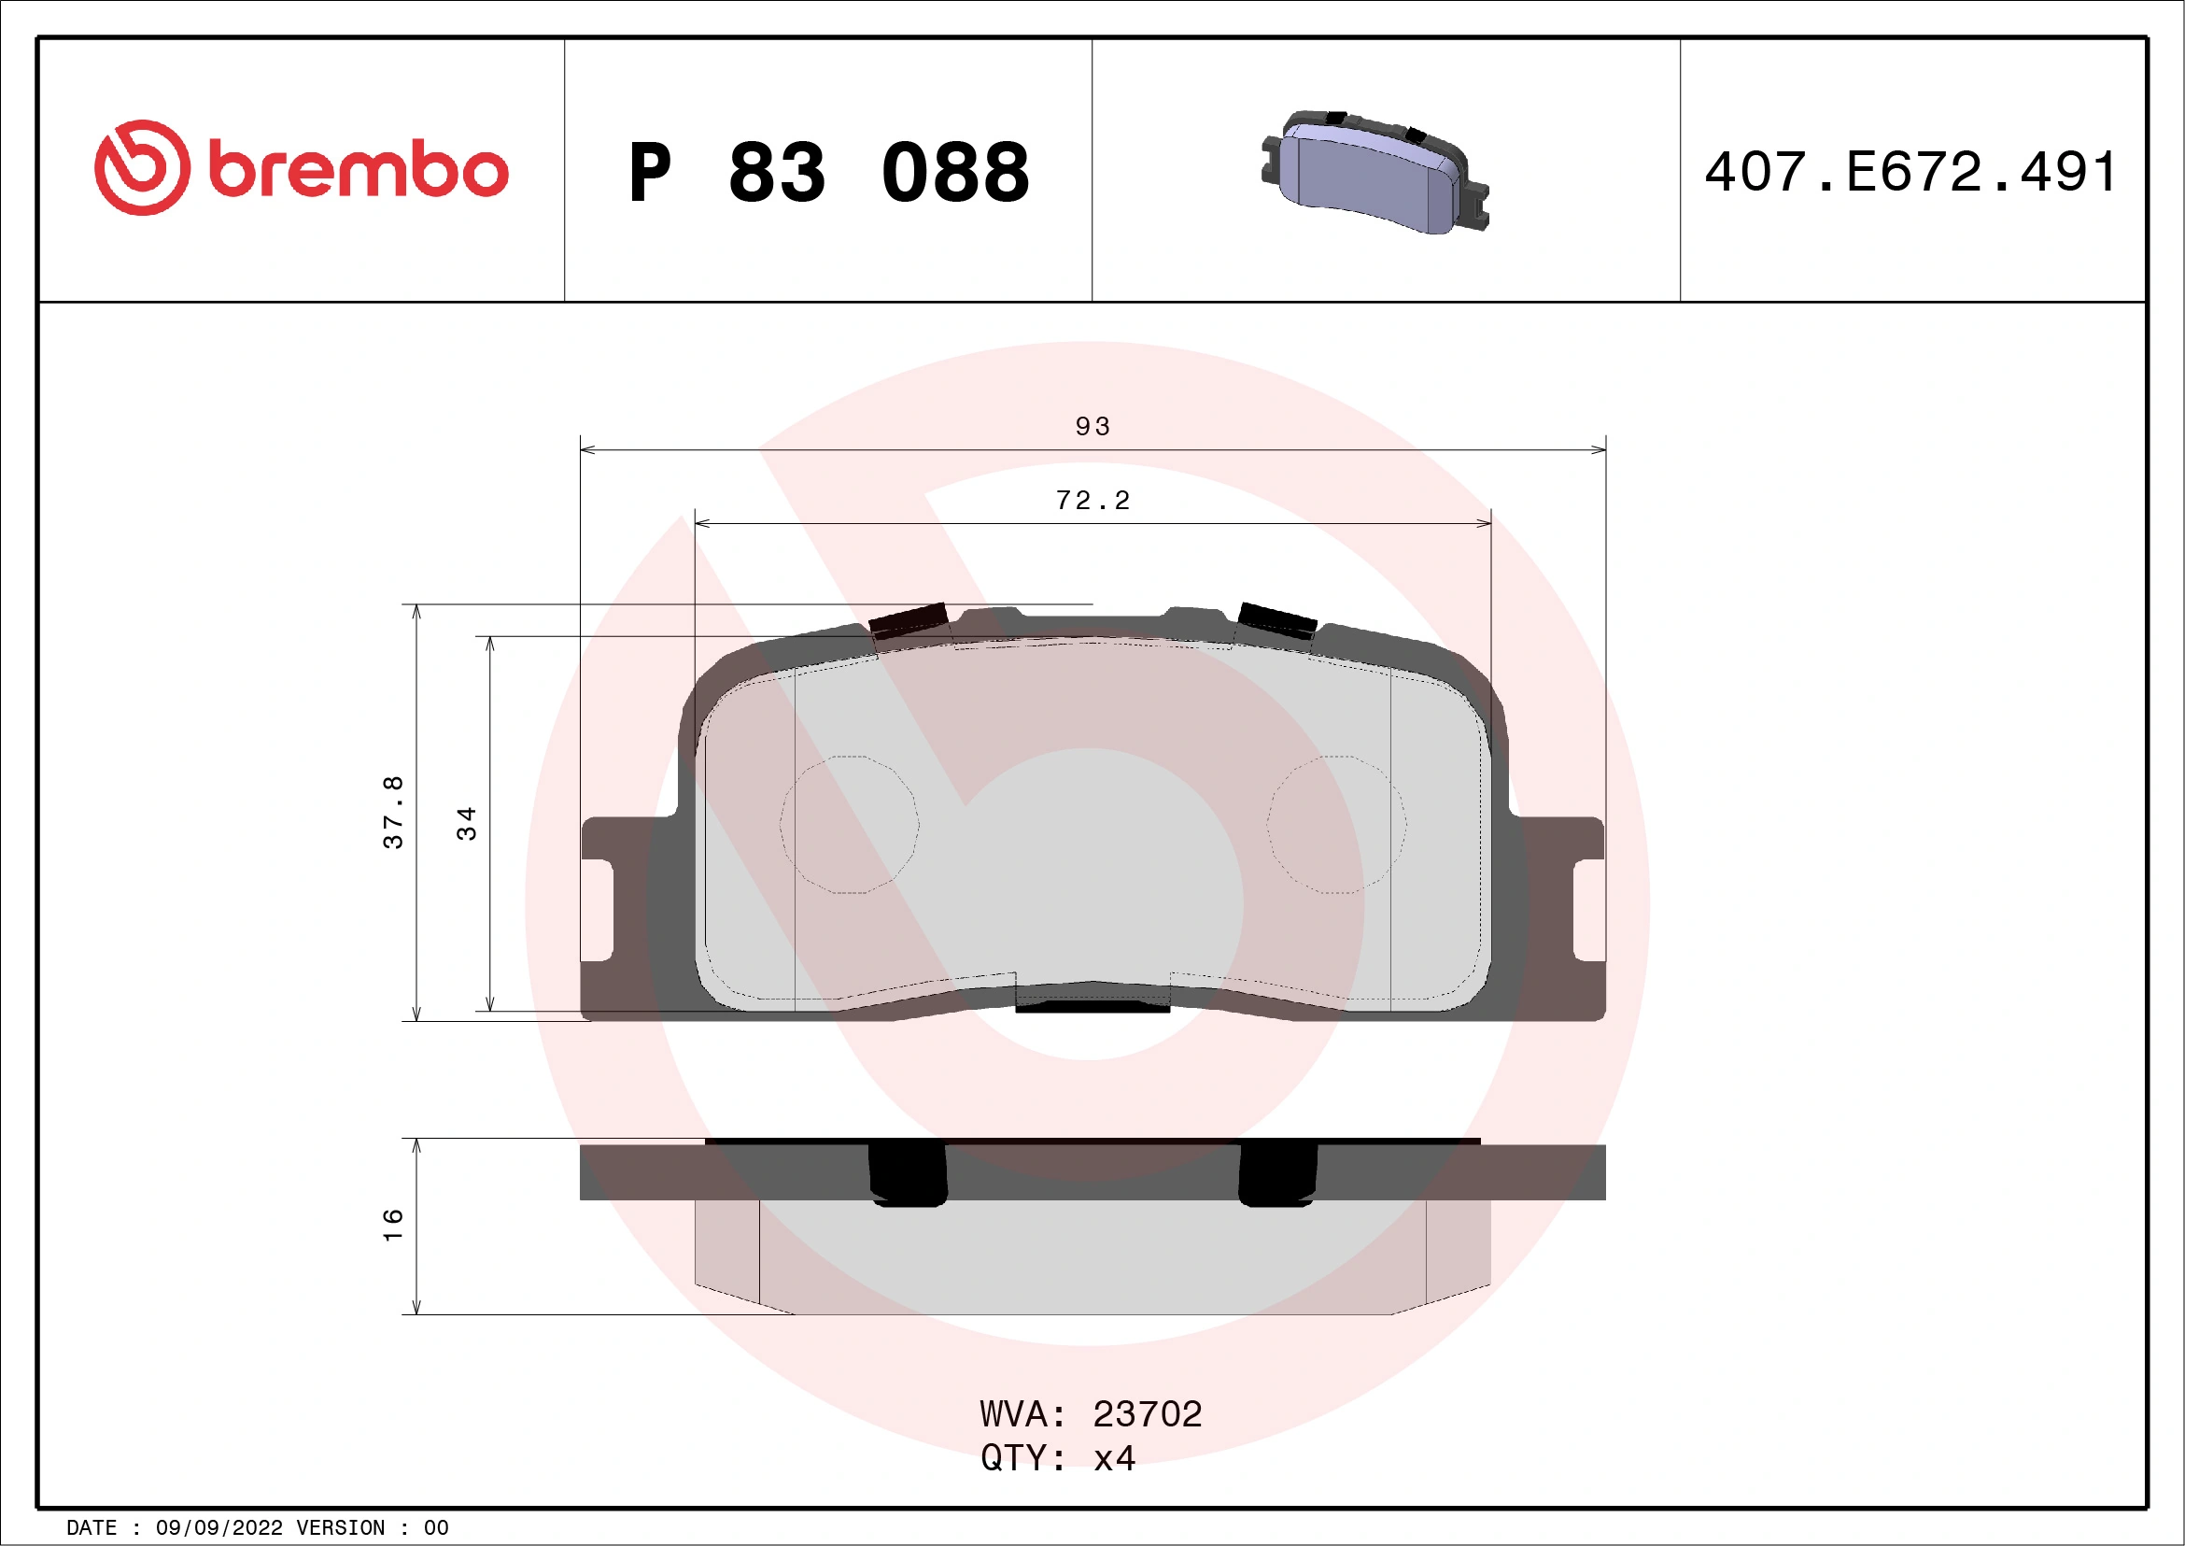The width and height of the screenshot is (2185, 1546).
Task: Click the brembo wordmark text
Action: coord(358,171)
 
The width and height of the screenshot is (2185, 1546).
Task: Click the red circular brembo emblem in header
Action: coord(142,167)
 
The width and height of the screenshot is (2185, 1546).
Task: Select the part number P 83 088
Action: coord(828,172)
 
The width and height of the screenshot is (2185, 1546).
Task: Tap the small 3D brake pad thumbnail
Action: coord(1374,172)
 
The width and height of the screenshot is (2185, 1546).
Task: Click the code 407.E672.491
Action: coord(1910,172)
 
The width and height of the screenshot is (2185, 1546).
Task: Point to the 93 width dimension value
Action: coord(1092,427)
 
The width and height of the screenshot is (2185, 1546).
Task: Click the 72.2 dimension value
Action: coord(1092,501)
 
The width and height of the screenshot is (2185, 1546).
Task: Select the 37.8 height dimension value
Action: coord(393,812)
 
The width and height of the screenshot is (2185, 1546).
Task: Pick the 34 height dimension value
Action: coord(466,824)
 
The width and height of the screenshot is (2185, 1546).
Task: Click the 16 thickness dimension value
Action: coord(393,1226)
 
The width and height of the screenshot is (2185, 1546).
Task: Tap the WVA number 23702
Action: coord(1147,1414)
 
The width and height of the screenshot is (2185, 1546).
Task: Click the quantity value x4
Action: coord(1114,1458)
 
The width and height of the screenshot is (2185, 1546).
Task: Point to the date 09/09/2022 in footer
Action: coord(218,1528)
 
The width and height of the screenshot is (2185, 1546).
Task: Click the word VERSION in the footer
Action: coord(341,1528)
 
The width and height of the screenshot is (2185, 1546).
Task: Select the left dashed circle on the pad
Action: coord(849,825)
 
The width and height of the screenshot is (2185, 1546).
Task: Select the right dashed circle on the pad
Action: coord(1336,825)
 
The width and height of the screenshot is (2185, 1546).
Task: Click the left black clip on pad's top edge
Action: coord(909,619)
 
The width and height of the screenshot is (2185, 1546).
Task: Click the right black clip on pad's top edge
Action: coord(1276,619)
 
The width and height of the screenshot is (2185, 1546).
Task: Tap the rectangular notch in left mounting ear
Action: coord(597,910)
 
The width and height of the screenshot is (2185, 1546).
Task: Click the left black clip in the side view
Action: coord(908,1173)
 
